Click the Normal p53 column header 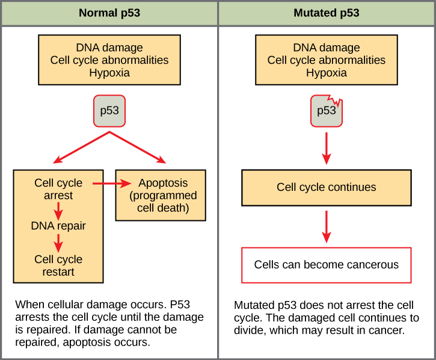(x=109, y=13)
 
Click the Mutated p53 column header (x=327, y=13)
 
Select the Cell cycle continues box (x=327, y=187)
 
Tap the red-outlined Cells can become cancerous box (x=327, y=265)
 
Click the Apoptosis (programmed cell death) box (x=159, y=196)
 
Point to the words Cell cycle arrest (x=58, y=189)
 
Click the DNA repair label (x=58, y=226)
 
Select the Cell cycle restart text (x=58, y=265)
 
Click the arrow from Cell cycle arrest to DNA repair (x=58, y=210)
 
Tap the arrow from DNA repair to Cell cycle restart (x=58, y=243)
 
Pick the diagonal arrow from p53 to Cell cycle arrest (x=81, y=148)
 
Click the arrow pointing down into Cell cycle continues (x=327, y=147)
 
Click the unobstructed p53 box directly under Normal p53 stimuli (x=109, y=111)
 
